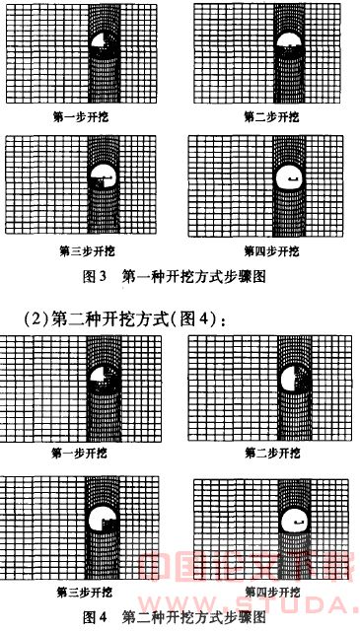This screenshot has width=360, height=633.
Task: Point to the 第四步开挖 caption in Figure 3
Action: click(x=271, y=250)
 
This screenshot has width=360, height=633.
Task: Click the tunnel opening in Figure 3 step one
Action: click(x=103, y=43)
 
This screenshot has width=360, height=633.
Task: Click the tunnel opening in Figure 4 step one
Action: click(x=102, y=379)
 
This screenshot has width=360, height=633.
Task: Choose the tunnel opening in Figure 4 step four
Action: click(x=293, y=518)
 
